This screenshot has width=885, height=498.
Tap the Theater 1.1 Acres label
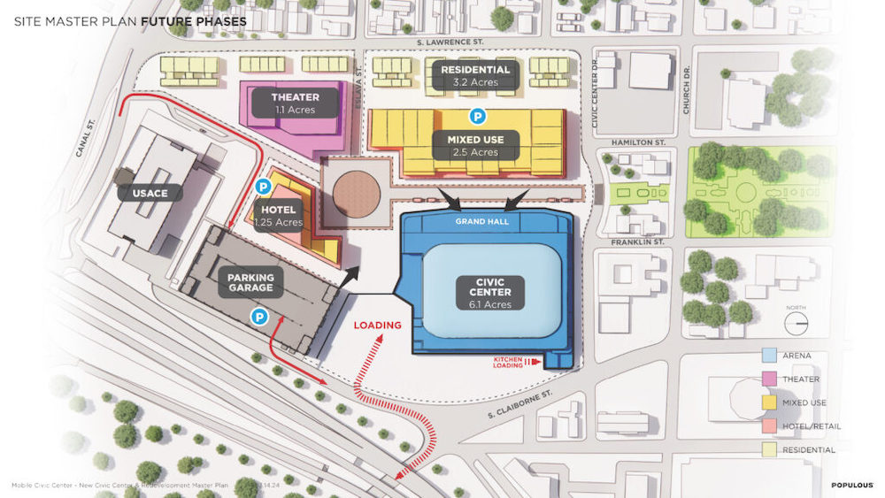pos(295,103)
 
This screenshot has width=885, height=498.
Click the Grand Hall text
pos(482,221)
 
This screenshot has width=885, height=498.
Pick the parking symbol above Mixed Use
pos(477,116)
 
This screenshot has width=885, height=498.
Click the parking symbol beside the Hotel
pos(263,188)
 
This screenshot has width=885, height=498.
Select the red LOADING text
pos(378,325)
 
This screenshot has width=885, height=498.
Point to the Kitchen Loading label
pos(512,362)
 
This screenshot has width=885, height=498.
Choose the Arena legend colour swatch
pos(768,356)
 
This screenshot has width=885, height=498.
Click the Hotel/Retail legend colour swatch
pos(768,426)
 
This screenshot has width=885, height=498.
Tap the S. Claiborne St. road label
pos(525,403)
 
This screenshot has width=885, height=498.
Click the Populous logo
pos(852,485)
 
